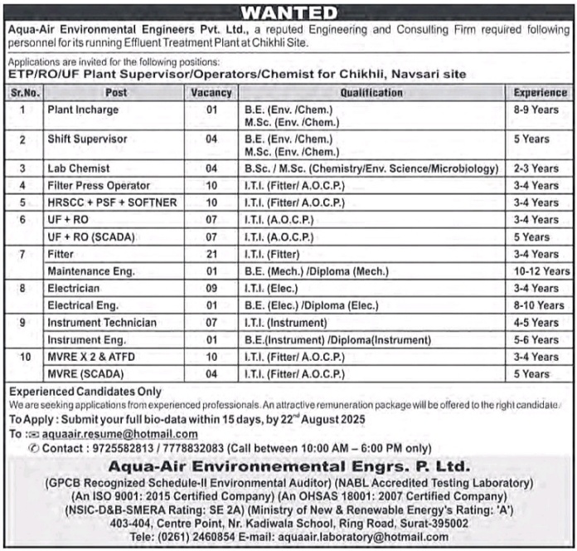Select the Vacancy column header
click(x=211, y=93)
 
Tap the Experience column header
click(x=540, y=93)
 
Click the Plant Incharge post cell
click(x=83, y=110)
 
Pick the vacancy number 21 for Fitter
click(x=211, y=254)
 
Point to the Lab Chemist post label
click(x=79, y=168)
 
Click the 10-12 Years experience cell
click(x=541, y=271)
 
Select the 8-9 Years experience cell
click(x=535, y=110)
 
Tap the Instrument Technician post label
click(x=102, y=323)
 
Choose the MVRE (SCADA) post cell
click(x=86, y=374)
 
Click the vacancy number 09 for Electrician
click(x=211, y=289)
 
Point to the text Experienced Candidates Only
click(x=85, y=392)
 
